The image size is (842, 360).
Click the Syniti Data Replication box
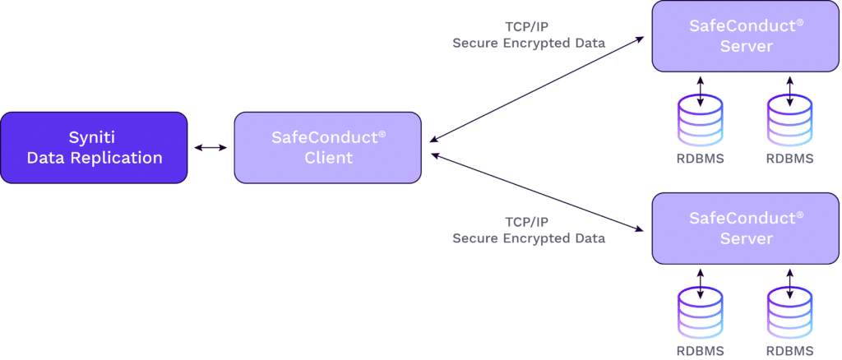tap(94, 147)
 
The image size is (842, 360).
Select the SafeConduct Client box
tap(328, 147)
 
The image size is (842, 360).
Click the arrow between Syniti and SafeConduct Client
tap(210, 148)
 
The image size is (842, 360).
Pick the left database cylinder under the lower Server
tap(701, 313)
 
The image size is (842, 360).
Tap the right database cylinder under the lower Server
tap(790, 313)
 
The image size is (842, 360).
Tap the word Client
tap(328, 157)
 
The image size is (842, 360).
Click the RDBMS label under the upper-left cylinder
tap(701, 158)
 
